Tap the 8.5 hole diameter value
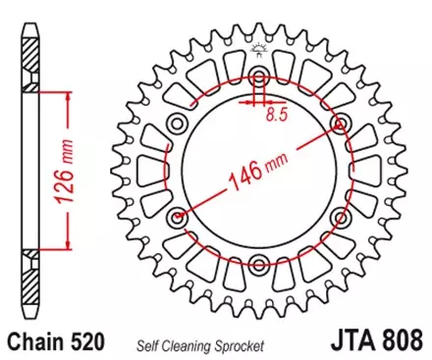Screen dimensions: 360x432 [x=277, y=114]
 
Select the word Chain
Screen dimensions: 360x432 [x=38, y=344]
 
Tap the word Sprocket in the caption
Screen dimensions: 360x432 [x=238, y=345]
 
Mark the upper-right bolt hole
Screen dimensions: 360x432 [x=341, y=123]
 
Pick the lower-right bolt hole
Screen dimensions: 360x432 [x=340, y=215]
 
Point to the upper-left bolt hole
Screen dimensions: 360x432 [x=179, y=123]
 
